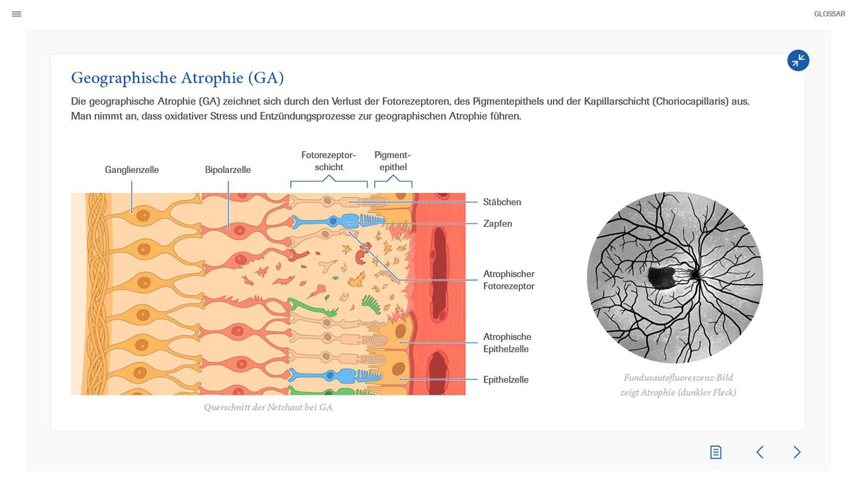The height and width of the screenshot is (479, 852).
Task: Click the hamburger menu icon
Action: coord(17,14)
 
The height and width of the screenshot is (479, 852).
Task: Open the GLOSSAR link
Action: coord(829,14)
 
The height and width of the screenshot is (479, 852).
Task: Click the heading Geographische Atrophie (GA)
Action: coord(177,78)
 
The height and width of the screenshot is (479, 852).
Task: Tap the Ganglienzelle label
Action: coord(132,170)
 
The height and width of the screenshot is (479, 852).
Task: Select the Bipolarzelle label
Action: coord(228,170)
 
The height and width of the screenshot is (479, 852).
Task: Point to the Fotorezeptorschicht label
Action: coord(329,161)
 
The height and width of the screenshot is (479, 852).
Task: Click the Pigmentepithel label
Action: coord(393,161)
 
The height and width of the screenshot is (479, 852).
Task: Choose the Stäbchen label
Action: coord(502,202)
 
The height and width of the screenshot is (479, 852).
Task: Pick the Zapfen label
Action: coord(497,224)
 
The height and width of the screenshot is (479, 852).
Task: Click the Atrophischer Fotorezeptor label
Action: coord(509,280)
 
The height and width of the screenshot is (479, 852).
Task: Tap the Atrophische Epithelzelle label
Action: coord(507,343)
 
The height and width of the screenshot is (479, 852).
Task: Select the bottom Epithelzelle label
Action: coord(506,379)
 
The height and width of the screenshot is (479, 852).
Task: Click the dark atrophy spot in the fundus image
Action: coord(661,277)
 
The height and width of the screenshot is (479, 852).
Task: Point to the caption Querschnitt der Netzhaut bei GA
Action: coord(268,408)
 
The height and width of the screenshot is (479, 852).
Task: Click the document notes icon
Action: coord(716,452)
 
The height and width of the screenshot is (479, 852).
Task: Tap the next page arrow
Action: coord(797,452)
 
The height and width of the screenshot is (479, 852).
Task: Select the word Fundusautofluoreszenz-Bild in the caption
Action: coord(678,377)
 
